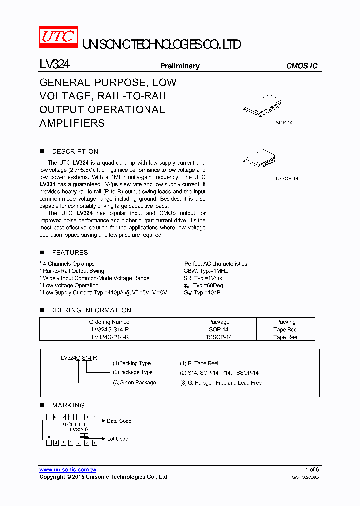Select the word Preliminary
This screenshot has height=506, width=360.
point(179,66)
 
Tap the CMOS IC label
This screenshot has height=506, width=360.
point(301,66)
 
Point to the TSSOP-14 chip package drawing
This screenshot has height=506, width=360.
point(262,158)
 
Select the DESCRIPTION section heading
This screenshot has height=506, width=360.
point(75,151)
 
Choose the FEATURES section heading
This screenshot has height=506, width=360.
point(70,253)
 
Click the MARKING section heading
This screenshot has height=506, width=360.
point(68,405)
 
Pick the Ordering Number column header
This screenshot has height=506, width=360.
point(110,322)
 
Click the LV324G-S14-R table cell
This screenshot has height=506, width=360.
point(110,330)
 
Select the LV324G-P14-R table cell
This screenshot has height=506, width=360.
point(110,337)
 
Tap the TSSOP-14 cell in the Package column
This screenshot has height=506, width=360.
point(219,337)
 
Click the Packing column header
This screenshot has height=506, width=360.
point(286,322)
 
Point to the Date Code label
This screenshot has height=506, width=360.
point(119,421)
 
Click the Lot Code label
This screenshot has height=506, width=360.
point(118,439)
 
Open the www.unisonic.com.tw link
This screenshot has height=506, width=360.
point(67,470)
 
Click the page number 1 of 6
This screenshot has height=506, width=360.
point(312,470)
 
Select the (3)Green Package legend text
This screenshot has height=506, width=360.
point(134,383)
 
